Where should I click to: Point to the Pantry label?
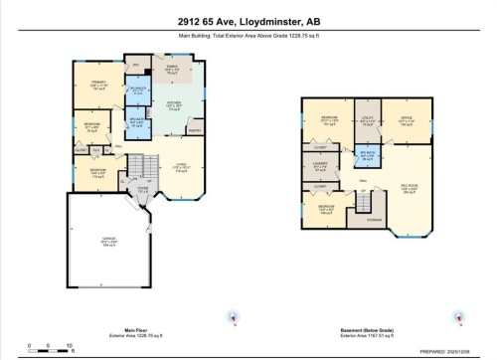(x=194, y=129)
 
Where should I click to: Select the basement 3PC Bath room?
(x=367, y=156)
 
